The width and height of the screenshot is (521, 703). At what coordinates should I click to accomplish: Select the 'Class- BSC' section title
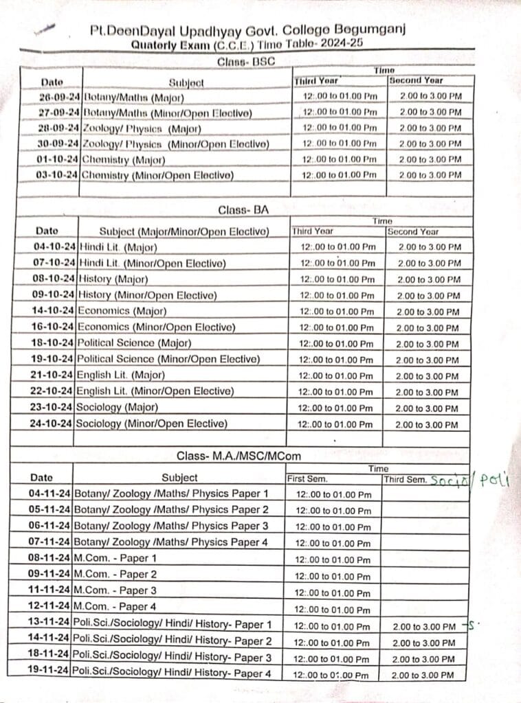[245, 62]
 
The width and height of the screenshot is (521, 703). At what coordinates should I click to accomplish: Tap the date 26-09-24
[60, 97]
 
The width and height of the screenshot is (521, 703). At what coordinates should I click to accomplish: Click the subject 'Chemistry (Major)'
[124, 160]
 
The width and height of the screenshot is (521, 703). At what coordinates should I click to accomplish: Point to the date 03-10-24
[58, 176]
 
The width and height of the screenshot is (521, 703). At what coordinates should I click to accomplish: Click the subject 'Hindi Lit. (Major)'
[118, 247]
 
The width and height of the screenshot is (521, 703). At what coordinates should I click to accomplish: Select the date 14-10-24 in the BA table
[54, 311]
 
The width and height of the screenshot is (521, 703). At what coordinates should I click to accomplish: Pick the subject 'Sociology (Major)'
[117, 407]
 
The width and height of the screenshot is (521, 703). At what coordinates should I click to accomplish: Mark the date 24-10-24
[52, 424]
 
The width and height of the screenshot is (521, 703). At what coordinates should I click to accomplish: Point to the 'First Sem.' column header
[307, 479]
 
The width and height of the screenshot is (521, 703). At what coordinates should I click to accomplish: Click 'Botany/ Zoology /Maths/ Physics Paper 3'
[171, 526]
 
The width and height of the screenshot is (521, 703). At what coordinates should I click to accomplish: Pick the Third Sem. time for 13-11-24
[423, 627]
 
